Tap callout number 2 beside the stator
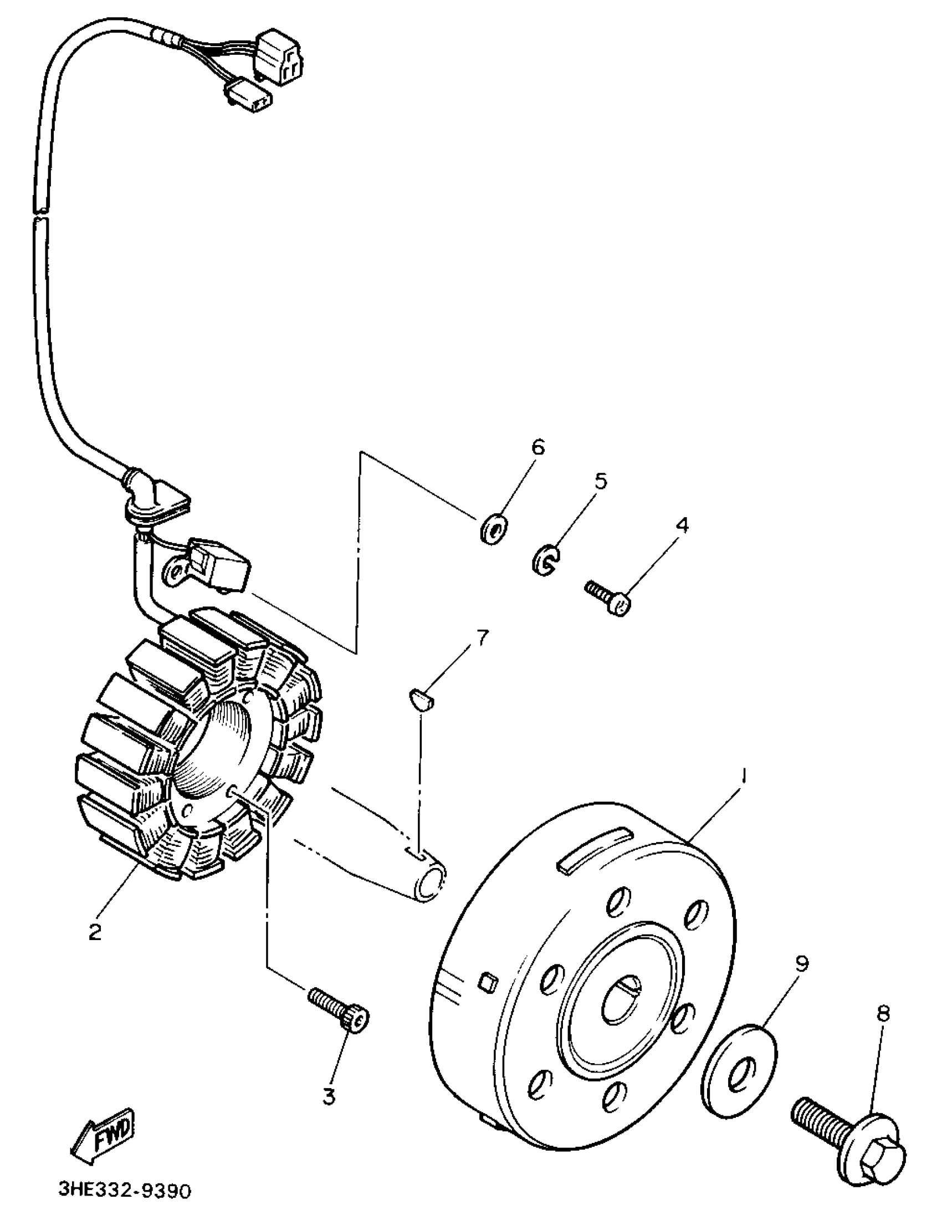[x=95, y=931]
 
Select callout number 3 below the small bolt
[x=329, y=1096]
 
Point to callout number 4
[x=682, y=525]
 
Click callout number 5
[x=601, y=481]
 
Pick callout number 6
[x=537, y=447]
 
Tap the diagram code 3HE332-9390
[x=125, y=1191]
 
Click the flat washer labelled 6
[x=493, y=529]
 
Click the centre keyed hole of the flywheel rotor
[x=622, y=1000]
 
